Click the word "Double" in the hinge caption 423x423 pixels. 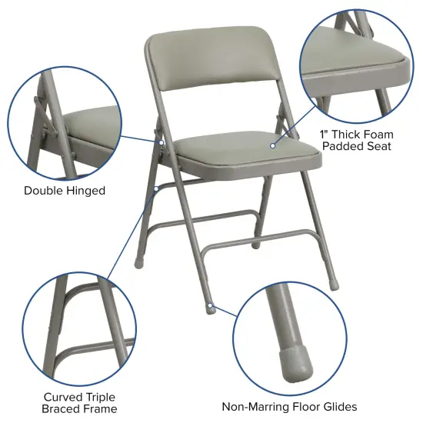(44, 190)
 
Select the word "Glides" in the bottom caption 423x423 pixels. (338, 407)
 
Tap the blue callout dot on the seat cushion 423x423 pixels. (272, 145)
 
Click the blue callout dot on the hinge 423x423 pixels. (162, 142)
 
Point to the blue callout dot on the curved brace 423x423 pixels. (156, 187)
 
